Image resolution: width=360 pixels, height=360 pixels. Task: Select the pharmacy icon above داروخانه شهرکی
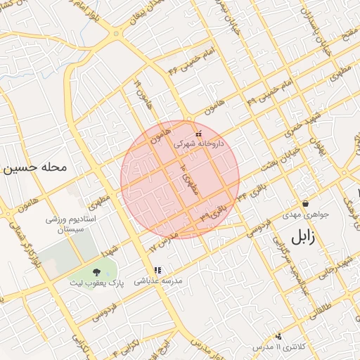pyautogui.click(x=198, y=133)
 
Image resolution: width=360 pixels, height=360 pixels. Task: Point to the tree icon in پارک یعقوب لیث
pyautogui.click(x=95, y=273)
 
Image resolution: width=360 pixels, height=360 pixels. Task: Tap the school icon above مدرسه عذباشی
pyautogui.click(x=157, y=270)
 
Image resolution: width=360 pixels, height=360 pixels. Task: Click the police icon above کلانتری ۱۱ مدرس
pyautogui.click(x=279, y=337)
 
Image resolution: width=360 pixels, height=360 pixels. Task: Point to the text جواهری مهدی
pyautogui.click(x=301, y=212)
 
